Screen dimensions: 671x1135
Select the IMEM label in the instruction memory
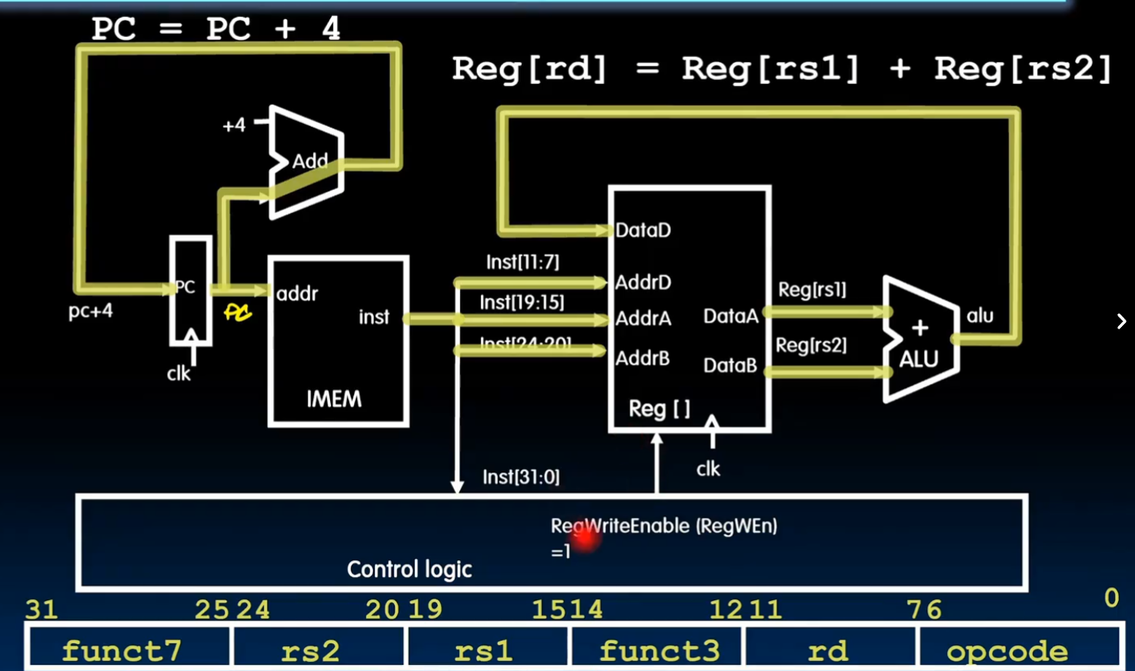pyautogui.click(x=334, y=399)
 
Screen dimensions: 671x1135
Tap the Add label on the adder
pyautogui.click(x=310, y=162)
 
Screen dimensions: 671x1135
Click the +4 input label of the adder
pyautogui.click(x=234, y=125)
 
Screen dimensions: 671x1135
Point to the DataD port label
pyautogui.click(x=643, y=230)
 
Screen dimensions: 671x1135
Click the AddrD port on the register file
pyautogui.click(x=643, y=282)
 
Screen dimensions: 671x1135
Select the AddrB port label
pyautogui.click(x=643, y=359)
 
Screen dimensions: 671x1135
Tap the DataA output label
pyautogui.click(x=730, y=316)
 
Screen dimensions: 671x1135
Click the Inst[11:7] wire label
pyautogui.click(x=522, y=262)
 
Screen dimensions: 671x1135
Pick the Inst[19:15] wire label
pyautogui.click(x=522, y=302)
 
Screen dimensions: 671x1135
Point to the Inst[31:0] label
pyautogui.click(x=521, y=477)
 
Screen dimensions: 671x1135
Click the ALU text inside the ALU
pyautogui.click(x=919, y=359)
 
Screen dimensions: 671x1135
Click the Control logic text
pyautogui.click(x=409, y=569)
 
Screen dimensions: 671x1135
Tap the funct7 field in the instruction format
pyautogui.click(x=122, y=651)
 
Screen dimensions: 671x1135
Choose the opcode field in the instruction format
pyautogui.click(x=1007, y=651)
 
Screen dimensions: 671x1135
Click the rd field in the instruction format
pyautogui.click(x=828, y=651)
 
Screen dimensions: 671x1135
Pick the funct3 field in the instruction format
pyautogui.click(x=659, y=651)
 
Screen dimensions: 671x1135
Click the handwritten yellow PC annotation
pyautogui.click(x=238, y=312)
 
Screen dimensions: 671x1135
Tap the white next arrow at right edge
pyautogui.click(x=1121, y=321)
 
